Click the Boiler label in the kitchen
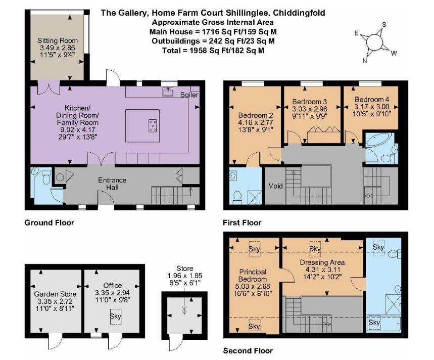click(x=189, y=95)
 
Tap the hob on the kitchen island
click(x=153, y=125)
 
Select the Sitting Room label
click(x=58, y=41)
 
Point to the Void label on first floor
click(x=276, y=186)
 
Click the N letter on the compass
click(x=365, y=61)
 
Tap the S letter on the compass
click(x=384, y=25)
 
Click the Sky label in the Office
click(x=115, y=316)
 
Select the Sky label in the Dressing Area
click(x=315, y=249)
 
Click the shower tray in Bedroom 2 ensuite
click(x=254, y=197)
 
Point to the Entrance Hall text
click(x=112, y=184)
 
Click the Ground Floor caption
click(x=50, y=222)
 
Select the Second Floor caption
click(x=248, y=351)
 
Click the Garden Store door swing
click(x=56, y=341)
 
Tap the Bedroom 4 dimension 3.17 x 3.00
click(x=372, y=107)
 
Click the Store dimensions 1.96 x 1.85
click(x=185, y=276)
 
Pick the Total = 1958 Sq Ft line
click(x=213, y=51)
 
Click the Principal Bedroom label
click(x=253, y=276)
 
